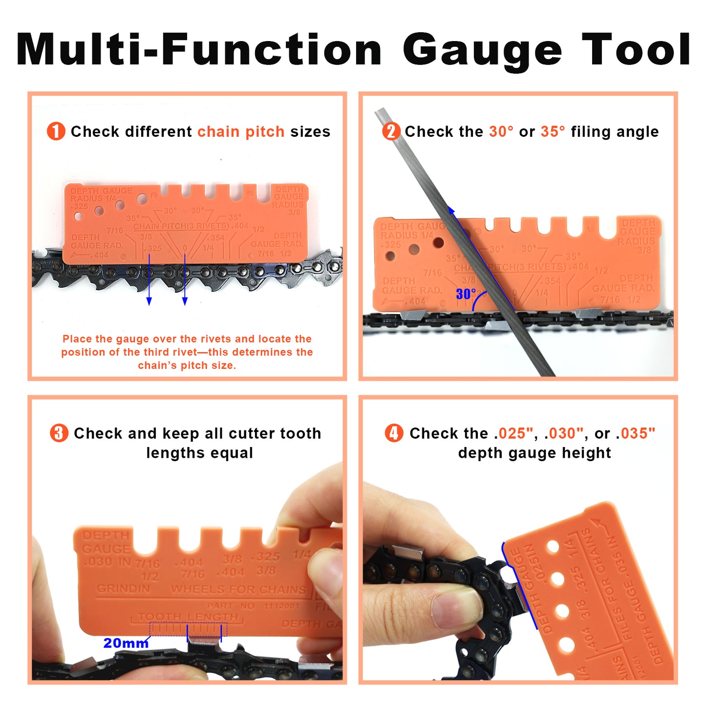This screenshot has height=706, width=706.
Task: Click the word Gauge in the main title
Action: [482, 50]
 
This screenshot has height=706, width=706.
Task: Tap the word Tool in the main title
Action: [636, 50]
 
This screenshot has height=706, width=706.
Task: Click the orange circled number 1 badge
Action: [56, 131]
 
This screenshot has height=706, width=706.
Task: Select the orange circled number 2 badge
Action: [391, 131]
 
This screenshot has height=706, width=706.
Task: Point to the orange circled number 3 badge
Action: [59, 433]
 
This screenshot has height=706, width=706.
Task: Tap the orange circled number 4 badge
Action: [394, 433]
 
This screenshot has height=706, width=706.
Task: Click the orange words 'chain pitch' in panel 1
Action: [241, 131]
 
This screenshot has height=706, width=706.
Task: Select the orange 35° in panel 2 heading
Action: [553, 131]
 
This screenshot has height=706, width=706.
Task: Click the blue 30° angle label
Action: [466, 294]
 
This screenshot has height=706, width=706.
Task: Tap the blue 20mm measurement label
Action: [126, 643]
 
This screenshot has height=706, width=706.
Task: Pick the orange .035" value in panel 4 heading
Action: [635, 433]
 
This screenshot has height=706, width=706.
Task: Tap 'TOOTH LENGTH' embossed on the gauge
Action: [188, 617]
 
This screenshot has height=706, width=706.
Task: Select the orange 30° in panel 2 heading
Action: [501, 131]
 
